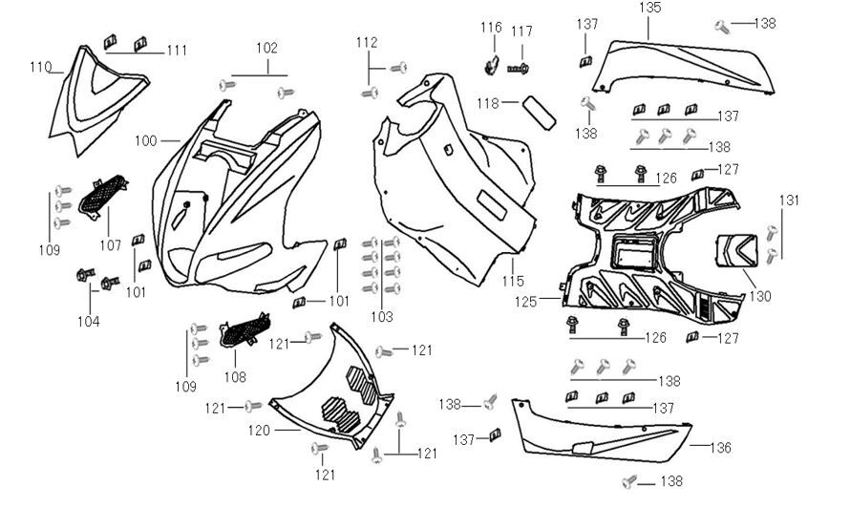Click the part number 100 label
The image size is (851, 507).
click(x=145, y=141)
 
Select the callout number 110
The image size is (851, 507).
click(x=40, y=67)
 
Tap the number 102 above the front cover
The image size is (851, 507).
click(x=266, y=49)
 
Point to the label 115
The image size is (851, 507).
click(x=513, y=281)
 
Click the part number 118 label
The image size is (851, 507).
click(x=488, y=103)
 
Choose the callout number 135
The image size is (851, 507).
click(x=649, y=8)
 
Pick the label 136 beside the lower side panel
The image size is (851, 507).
click(x=720, y=448)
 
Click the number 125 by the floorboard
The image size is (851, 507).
click(x=526, y=302)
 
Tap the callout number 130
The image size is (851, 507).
click(x=760, y=296)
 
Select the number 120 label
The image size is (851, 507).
click(x=259, y=431)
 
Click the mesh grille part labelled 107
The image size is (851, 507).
click(x=103, y=196)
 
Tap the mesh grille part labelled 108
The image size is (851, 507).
click(x=245, y=330)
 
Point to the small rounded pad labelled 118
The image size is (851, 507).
click(x=539, y=113)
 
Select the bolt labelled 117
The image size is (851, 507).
click(x=519, y=69)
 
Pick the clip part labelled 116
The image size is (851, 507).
click(x=491, y=65)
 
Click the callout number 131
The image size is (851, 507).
click(x=789, y=201)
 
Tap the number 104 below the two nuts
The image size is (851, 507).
click(x=89, y=322)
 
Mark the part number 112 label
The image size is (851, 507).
click(x=367, y=43)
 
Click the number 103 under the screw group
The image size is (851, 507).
click(x=381, y=317)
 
